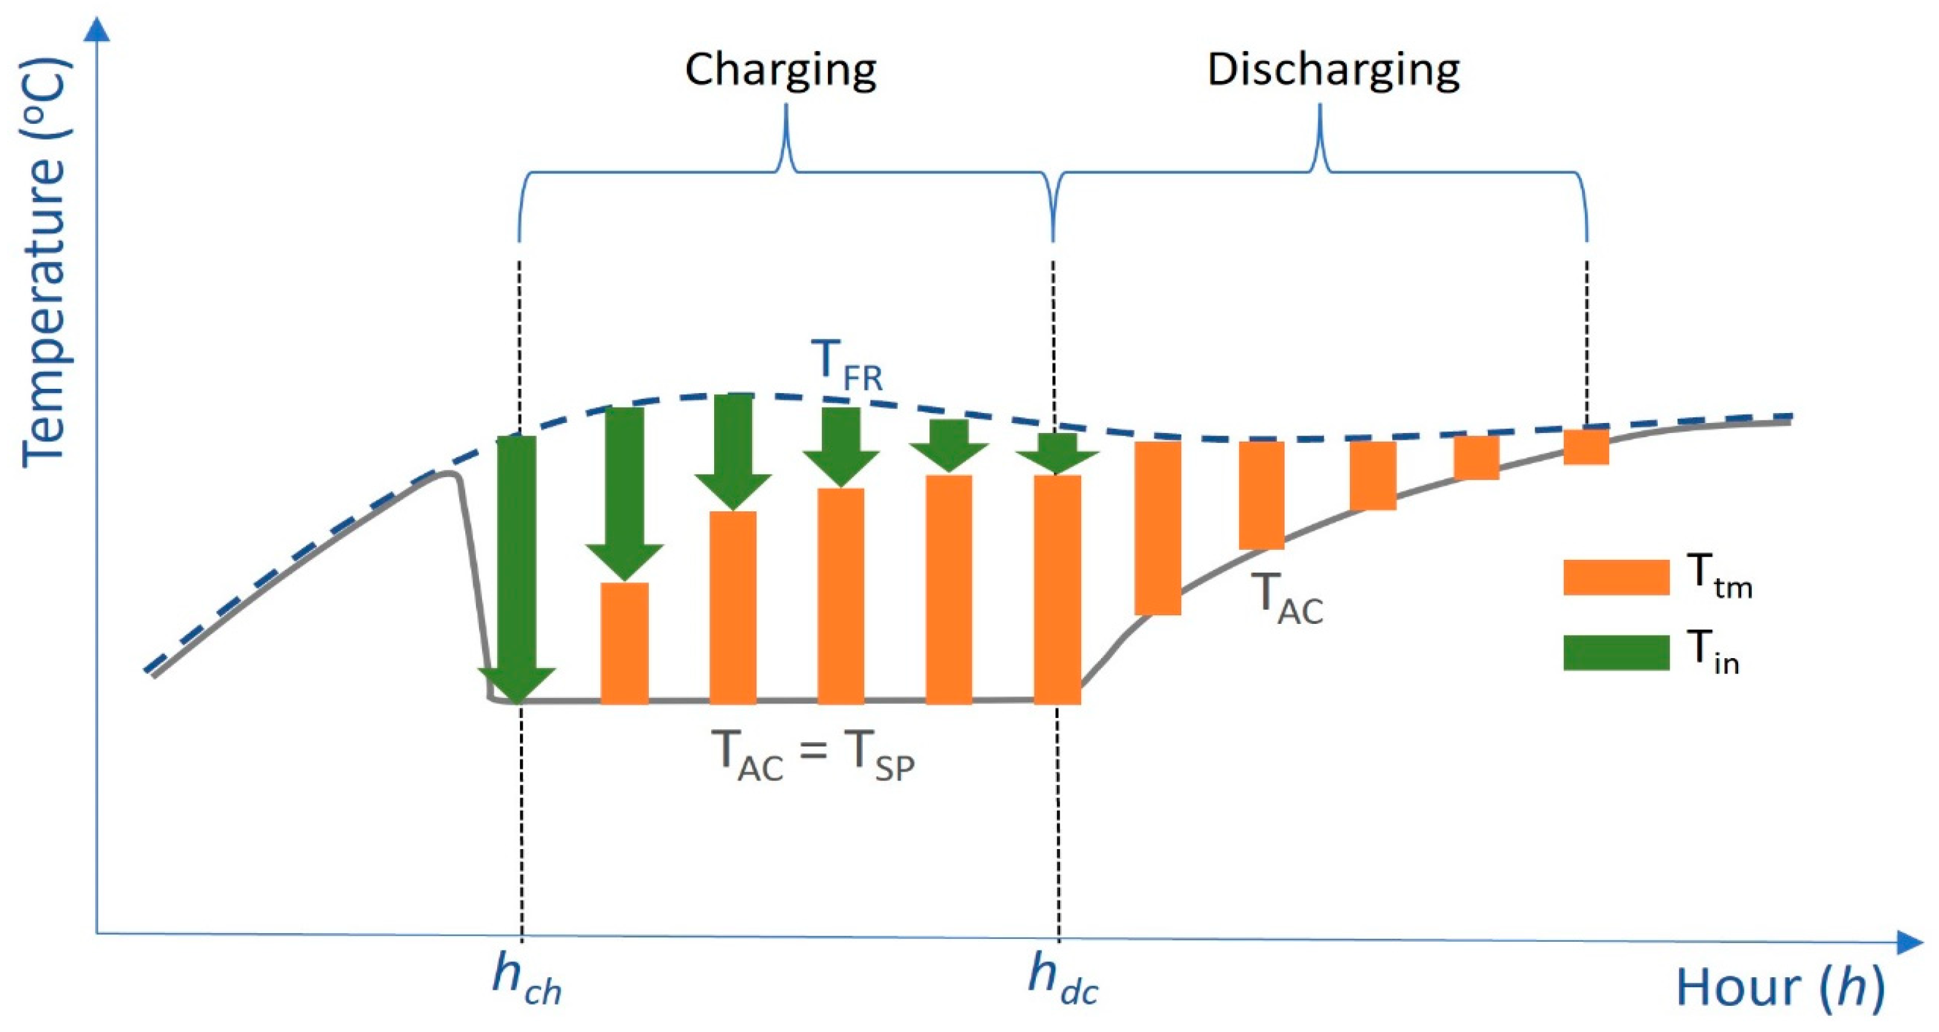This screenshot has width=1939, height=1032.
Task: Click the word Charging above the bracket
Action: [781, 70]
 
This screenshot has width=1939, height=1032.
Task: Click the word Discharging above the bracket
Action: [1334, 70]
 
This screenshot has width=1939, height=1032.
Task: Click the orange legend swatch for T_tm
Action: [1616, 578]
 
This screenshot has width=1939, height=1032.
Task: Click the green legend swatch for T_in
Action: [1616, 652]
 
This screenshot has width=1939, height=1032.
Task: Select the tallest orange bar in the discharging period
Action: [1158, 528]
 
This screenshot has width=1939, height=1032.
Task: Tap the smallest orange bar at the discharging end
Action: [1586, 447]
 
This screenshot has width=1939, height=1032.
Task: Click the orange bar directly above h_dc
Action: [1057, 588]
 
